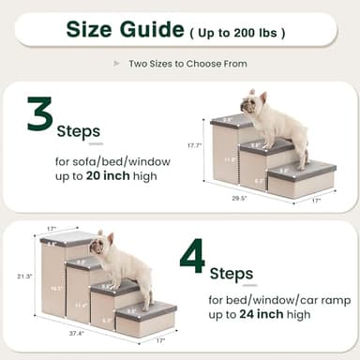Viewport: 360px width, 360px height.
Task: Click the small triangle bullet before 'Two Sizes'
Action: [x=116, y=64]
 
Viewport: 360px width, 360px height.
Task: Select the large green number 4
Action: [x=192, y=257]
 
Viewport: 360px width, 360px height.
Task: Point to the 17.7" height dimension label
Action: [x=195, y=145]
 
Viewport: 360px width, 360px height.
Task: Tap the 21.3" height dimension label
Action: [x=25, y=277]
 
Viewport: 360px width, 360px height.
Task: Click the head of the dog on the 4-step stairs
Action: [x=104, y=246]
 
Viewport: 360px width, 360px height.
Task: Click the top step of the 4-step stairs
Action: [x=67, y=240]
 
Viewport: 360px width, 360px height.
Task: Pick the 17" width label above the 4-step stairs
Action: [x=52, y=228]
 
